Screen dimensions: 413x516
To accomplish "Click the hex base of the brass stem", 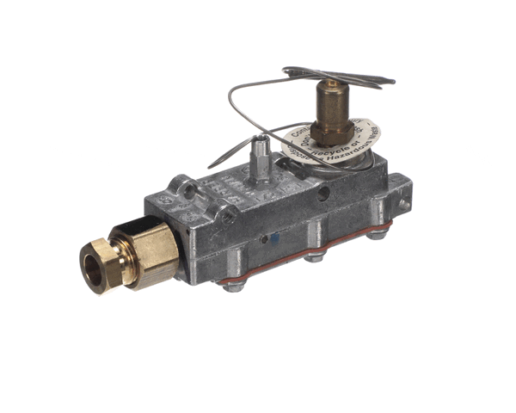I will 331,130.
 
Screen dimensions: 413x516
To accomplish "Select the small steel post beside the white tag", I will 258,157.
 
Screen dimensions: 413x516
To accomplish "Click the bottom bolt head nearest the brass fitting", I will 233,287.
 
